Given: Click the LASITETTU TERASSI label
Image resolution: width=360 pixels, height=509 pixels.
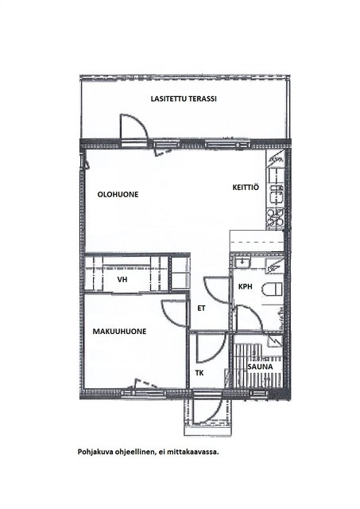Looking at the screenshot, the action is click(184, 99).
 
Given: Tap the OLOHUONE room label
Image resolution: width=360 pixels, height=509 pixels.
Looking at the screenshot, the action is click(118, 194).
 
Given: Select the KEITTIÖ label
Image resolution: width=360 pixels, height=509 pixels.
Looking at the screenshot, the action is click(246, 188).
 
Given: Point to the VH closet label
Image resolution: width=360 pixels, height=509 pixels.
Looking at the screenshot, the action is click(122, 279).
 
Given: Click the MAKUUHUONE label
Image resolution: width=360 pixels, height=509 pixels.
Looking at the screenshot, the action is click(119, 332).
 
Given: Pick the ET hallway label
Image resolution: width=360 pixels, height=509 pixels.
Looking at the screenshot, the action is click(201, 308).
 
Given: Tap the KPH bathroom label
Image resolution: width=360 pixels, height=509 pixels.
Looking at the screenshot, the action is click(246, 286).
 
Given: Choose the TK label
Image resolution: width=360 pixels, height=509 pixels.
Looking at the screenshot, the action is click(199, 373).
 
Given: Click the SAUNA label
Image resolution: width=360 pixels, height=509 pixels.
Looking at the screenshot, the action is click(260, 367).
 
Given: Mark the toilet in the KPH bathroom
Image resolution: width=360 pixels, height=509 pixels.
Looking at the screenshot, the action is click(273, 289).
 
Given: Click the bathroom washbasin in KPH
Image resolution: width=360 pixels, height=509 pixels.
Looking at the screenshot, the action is click(242, 262).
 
